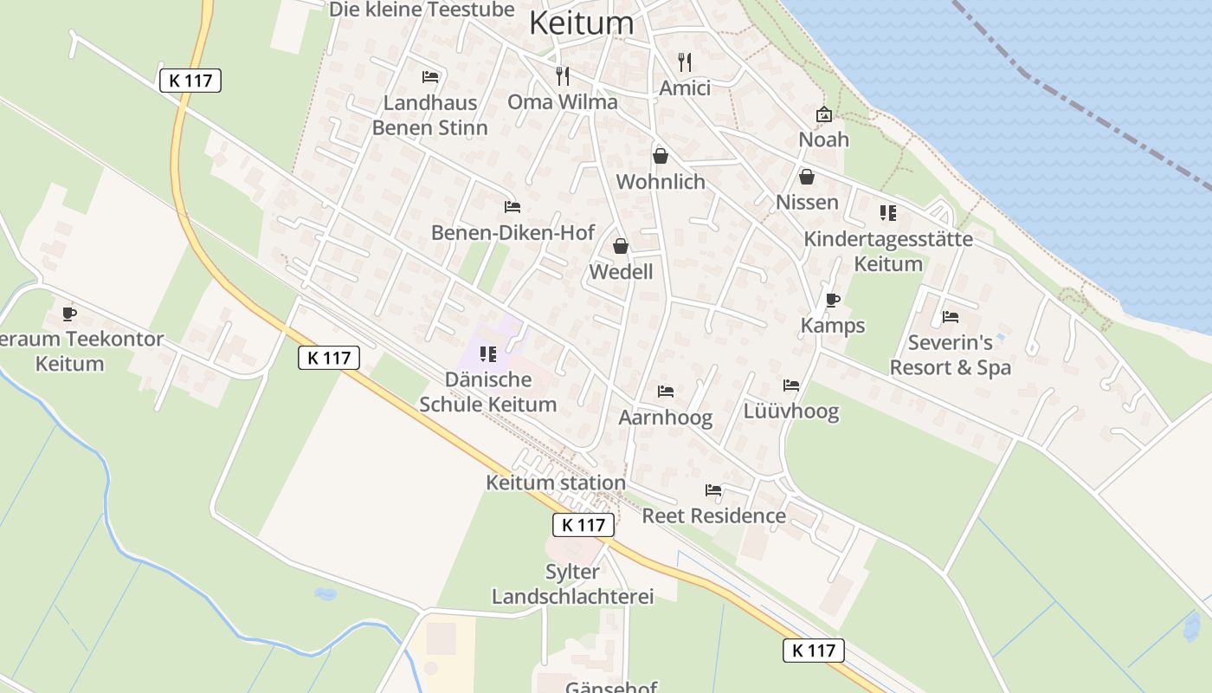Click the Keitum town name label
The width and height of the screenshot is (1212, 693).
[581, 23]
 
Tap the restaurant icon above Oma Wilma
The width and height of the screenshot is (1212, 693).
[563, 75]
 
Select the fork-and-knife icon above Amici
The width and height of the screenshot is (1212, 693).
[685, 62]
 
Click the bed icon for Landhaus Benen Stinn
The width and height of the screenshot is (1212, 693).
[430, 76]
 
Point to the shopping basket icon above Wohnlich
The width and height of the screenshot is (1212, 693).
[661, 156]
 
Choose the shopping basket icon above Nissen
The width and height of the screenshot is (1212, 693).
[807, 177]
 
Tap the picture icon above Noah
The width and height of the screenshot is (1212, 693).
[823, 114]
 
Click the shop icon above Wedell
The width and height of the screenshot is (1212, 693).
[621, 246]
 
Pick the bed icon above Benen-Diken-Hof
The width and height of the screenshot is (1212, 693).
[513, 207]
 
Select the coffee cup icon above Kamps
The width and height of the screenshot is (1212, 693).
[833, 300]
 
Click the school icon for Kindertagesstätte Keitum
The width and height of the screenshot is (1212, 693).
[887, 212]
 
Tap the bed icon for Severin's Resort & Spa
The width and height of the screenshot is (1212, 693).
[951, 317]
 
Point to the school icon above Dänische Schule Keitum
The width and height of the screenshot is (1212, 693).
[488, 353]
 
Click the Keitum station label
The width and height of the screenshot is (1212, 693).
[556, 483]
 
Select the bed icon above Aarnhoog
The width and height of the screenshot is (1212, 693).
[666, 392]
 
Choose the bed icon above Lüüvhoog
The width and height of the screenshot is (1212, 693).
[791, 385]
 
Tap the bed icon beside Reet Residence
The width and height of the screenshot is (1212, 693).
[713, 490]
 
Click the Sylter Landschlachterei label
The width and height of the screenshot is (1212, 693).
[572, 584]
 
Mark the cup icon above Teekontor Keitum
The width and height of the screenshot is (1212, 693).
[70, 313]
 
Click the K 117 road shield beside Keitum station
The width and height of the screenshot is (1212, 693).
[583, 524]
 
